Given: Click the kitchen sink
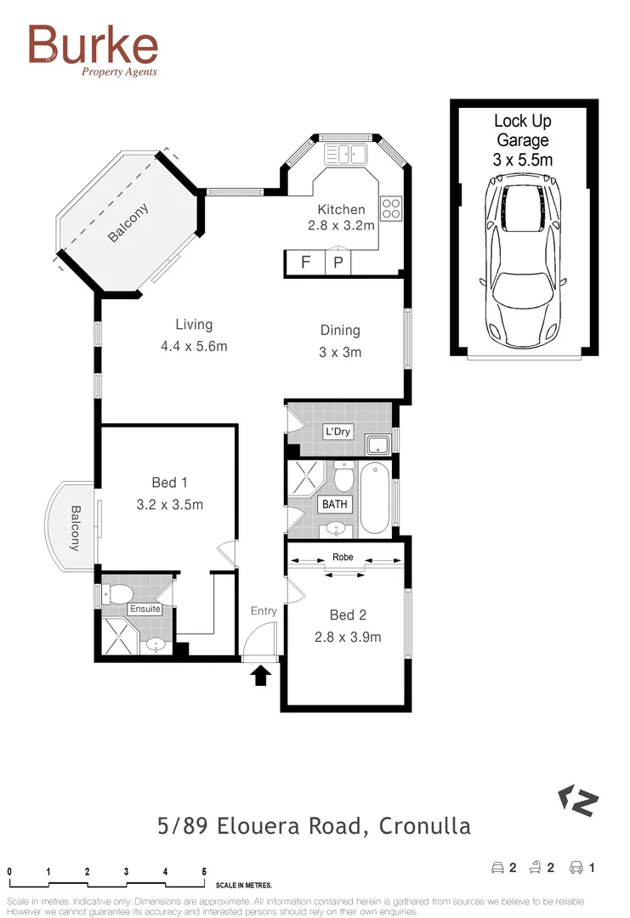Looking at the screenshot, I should [344, 154].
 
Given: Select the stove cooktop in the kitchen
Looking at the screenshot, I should [391, 208].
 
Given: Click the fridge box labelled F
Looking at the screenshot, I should [305, 263].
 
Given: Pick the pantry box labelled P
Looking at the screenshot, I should [338, 263].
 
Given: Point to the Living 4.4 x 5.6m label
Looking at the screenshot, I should [194, 335].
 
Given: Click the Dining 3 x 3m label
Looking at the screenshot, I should [340, 341].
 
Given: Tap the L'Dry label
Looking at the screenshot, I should [338, 432].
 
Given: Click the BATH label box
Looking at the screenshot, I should [334, 504].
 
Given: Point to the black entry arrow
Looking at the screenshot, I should [262, 675].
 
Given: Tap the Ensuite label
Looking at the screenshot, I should [145, 609].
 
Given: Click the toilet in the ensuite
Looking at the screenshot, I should [116, 592].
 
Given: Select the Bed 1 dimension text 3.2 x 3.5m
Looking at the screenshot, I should [170, 504].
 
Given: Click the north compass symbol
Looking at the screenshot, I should [578, 800].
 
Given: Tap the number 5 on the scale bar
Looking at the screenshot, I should [204, 872].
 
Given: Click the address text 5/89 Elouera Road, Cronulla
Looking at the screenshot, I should [315, 825].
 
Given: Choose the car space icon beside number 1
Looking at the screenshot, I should [576, 868].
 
